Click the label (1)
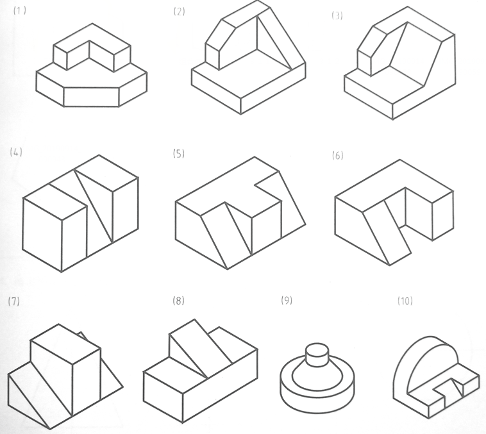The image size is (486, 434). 20,10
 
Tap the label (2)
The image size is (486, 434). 179,12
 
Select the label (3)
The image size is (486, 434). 337,15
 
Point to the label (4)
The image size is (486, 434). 16,152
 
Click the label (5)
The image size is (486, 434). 179,154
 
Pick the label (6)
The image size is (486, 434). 337,155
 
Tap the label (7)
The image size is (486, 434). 14,301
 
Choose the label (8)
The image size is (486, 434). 178,301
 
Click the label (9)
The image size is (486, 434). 287,301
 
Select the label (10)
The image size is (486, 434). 405,301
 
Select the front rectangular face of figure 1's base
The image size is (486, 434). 92,97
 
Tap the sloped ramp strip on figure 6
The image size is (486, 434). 387,233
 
